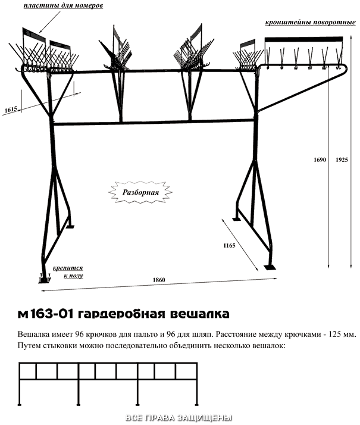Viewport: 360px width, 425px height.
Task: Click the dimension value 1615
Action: point(11,110)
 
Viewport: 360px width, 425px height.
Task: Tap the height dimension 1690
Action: point(320,160)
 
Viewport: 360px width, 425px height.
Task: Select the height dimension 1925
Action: point(342,160)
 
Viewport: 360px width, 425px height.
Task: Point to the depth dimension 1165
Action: point(229,246)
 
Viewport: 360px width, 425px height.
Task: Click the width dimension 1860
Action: point(159,280)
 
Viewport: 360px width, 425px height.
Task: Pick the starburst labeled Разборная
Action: point(140,192)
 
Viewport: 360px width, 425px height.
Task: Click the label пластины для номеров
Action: point(63,6)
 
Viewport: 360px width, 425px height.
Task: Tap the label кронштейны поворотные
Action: point(311,22)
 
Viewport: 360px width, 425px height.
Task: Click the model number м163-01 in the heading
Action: point(45,314)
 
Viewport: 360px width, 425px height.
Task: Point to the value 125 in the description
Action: point(334,334)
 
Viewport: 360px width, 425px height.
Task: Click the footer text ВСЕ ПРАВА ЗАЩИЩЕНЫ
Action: point(179,418)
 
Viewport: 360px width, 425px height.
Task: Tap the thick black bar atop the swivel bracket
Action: point(303,39)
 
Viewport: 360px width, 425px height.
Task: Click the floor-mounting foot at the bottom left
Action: point(45,279)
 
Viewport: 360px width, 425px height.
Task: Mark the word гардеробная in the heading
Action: point(121,314)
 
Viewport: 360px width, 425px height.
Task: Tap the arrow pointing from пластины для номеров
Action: point(51,22)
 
